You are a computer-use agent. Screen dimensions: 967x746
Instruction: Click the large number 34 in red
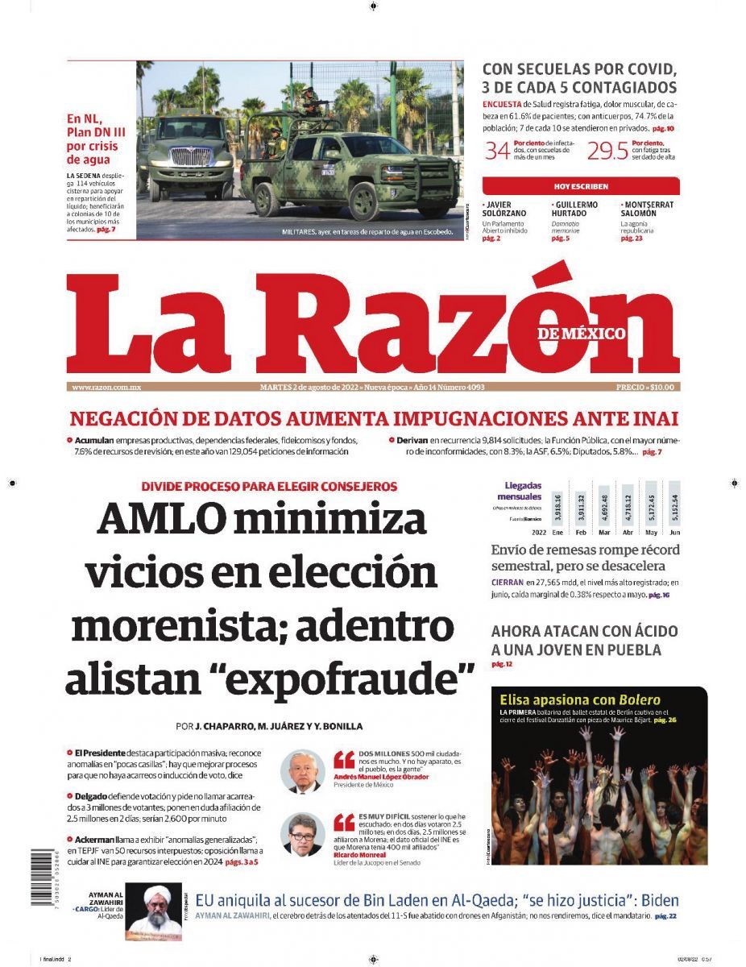pyautogui.click(x=496, y=150)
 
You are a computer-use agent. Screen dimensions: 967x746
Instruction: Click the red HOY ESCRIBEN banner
pyautogui.click(x=581, y=186)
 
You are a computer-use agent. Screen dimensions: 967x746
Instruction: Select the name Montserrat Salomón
pyautogui.click(x=647, y=209)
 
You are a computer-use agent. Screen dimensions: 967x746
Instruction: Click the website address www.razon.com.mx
pyautogui.click(x=106, y=387)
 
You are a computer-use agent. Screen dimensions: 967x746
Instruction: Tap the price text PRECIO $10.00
pyautogui.click(x=644, y=387)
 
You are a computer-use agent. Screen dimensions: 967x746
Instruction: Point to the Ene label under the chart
pyautogui.click(x=557, y=533)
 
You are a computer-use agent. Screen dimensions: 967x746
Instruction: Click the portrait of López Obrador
pyautogui.click(x=302, y=771)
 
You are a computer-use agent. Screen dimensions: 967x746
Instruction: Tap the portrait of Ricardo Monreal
pyautogui.click(x=302, y=834)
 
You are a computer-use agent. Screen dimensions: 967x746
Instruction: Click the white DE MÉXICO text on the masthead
pyautogui.click(x=582, y=333)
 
